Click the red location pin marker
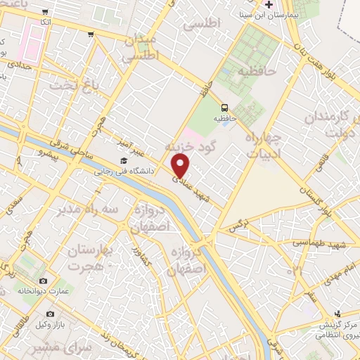click(181, 166)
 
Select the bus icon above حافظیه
click(224, 108)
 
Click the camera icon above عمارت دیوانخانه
click(44, 281)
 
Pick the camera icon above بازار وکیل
click(50, 314)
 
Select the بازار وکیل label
click(50, 323)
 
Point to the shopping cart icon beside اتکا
click(46, 12)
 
